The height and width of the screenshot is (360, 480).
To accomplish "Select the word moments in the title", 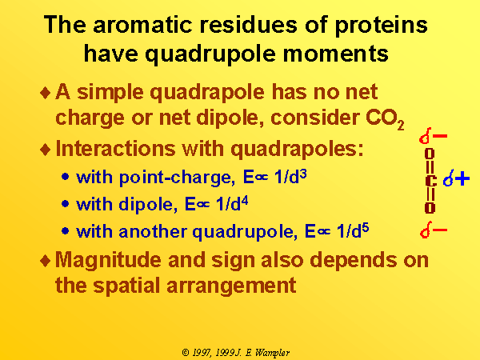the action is [x=335, y=54].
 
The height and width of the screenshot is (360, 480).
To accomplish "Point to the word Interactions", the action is [x=116, y=149].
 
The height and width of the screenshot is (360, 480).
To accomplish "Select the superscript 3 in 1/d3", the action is [x=303, y=174].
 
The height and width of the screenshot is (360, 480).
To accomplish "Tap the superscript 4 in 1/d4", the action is [x=244, y=202].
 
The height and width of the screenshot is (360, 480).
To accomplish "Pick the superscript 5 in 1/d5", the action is [x=366, y=229].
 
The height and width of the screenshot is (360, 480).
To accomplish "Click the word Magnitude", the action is [x=108, y=261].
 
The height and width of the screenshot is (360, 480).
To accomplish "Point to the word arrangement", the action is [x=231, y=286].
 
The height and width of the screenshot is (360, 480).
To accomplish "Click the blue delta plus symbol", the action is [x=456, y=178].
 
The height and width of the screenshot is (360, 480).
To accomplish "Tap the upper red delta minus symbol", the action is [x=433, y=136].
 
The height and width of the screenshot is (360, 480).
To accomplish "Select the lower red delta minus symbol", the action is [x=434, y=230].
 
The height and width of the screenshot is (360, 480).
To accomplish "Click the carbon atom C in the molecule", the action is [x=430, y=181].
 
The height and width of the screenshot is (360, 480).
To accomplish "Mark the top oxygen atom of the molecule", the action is [x=430, y=154].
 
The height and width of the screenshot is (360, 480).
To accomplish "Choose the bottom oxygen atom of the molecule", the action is [x=430, y=208].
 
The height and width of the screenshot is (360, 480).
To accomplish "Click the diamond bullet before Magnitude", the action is [x=45, y=261].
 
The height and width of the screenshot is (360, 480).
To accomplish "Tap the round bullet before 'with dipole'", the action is [x=65, y=203].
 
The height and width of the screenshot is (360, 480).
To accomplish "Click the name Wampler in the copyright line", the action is [x=273, y=353].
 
